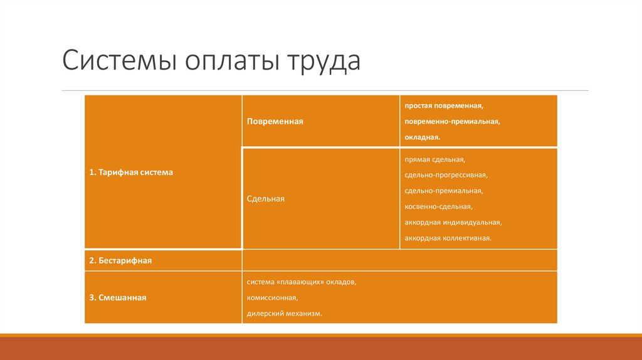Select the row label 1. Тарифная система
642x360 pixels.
(x=130, y=172)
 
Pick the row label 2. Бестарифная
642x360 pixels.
(x=120, y=260)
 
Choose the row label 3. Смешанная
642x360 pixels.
(x=118, y=298)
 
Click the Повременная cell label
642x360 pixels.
(x=275, y=122)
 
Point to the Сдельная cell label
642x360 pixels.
(x=266, y=199)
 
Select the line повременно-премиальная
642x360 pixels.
(x=452, y=122)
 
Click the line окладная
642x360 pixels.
(x=423, y=136)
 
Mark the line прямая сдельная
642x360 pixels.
(x=434, y=160)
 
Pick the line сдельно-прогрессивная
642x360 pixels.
(x=446, y=175)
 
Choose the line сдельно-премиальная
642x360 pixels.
(x=443, y=191)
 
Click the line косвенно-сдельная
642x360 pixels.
(x=438, y=206)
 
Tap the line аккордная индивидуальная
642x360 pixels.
(x=453, y=222)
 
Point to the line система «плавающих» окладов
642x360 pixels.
(x=302, y=282)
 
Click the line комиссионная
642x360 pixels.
(x=272, y=298)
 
